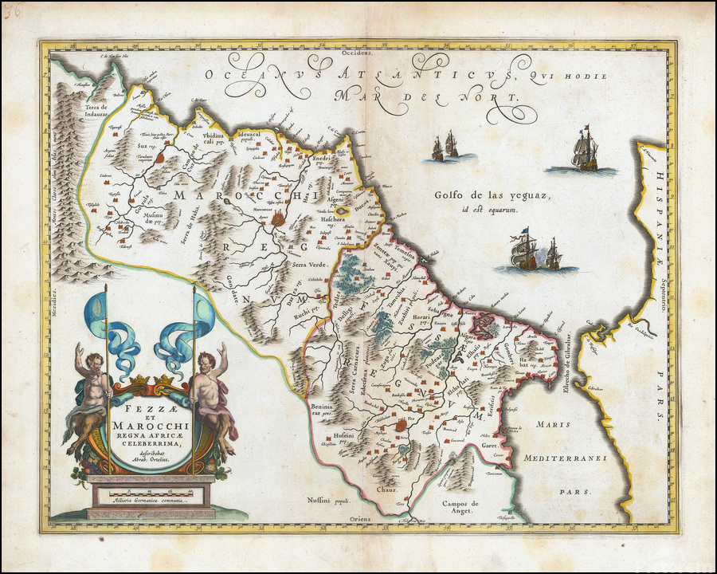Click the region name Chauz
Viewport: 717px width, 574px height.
[x=387, y=489]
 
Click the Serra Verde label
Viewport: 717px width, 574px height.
[x=309, y=265]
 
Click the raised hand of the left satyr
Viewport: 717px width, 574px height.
[x=79, y=348]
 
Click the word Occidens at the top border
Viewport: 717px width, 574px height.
[x=357, y=53]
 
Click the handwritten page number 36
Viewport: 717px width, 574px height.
[x=11, y=9]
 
